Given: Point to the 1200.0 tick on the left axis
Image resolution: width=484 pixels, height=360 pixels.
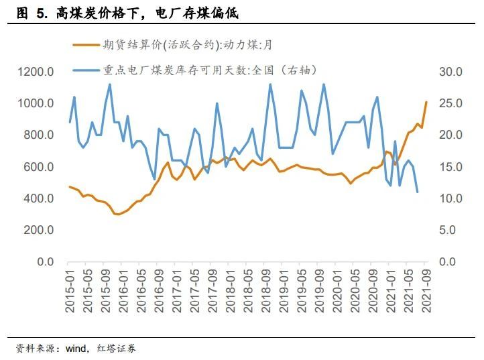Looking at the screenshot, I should [36, 72].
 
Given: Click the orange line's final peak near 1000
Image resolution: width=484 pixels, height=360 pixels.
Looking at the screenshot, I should [426, 103].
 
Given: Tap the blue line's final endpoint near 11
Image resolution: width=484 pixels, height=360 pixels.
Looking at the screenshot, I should [417, 192].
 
